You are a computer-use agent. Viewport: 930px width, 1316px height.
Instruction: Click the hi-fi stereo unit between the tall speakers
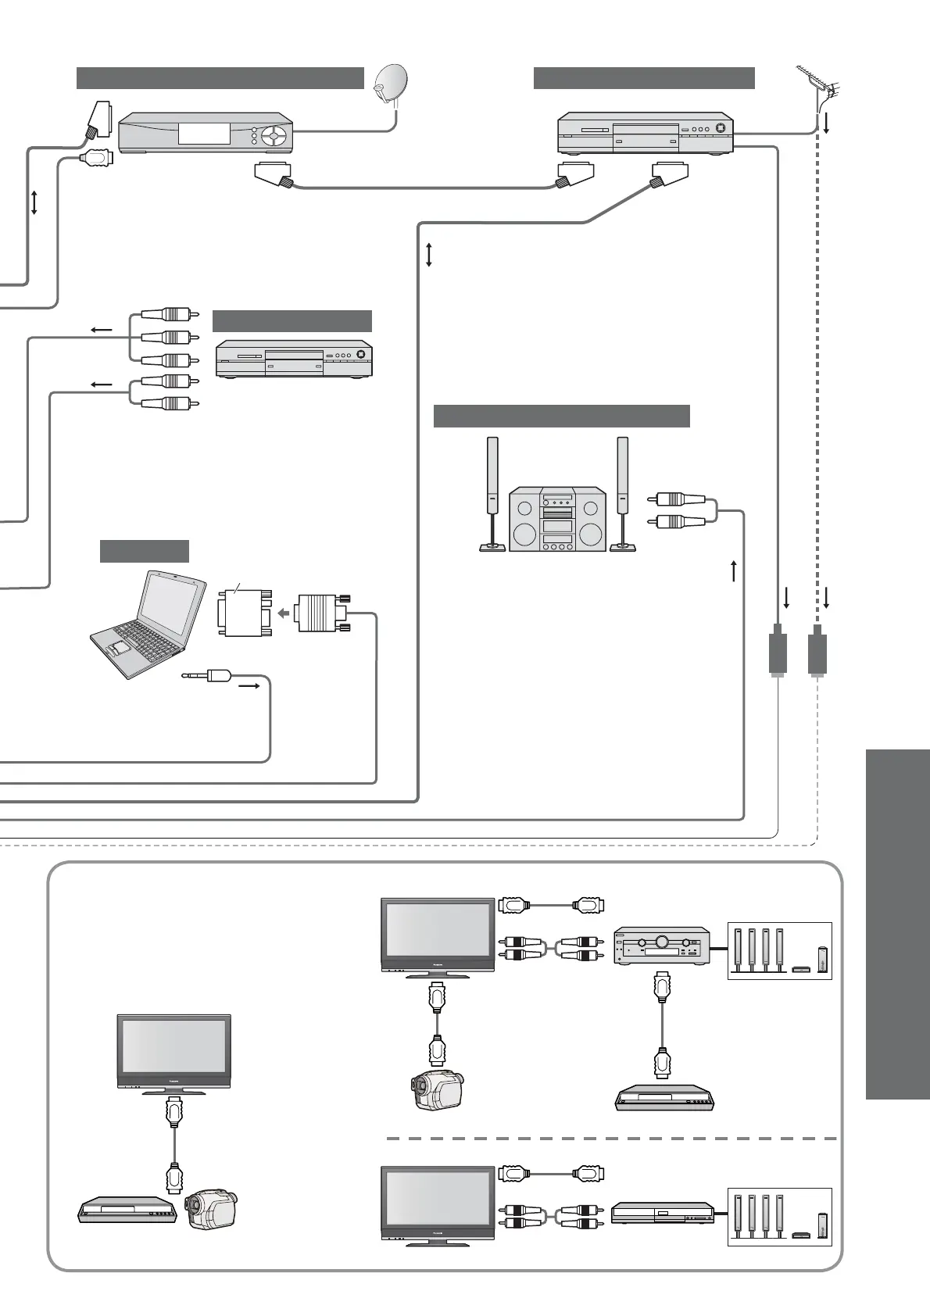click(x=557, y=520)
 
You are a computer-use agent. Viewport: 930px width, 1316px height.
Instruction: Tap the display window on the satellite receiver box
click(x=205, y=133)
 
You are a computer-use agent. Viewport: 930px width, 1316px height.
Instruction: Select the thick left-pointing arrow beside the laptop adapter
click(x=284, y=613)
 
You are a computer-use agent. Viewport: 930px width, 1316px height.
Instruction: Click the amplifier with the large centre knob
click(x=661, y=947)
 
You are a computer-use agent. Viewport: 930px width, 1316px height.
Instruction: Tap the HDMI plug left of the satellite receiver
click(x=97, y=158)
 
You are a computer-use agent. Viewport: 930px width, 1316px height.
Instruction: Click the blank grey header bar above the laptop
click(x=145, y=551)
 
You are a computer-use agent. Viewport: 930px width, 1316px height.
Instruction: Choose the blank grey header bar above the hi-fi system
click(x=561, y=417)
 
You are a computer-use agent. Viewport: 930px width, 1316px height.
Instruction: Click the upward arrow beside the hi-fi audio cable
click(x=733, y=570)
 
